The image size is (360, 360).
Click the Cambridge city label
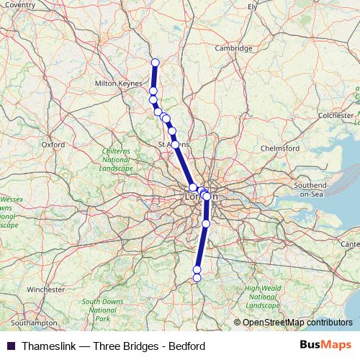point(234,48)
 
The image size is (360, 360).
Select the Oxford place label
point(53,144)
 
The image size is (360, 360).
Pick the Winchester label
point(46,289)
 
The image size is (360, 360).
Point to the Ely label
point(253,7)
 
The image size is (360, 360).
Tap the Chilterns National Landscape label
point(116,159)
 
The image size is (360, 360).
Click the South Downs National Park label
point(102,310)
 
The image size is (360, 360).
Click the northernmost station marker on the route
point(155,62)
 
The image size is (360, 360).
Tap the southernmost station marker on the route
point(197,277)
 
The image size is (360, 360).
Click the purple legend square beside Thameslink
point(11,346)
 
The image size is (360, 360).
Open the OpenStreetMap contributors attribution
point(297,323)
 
